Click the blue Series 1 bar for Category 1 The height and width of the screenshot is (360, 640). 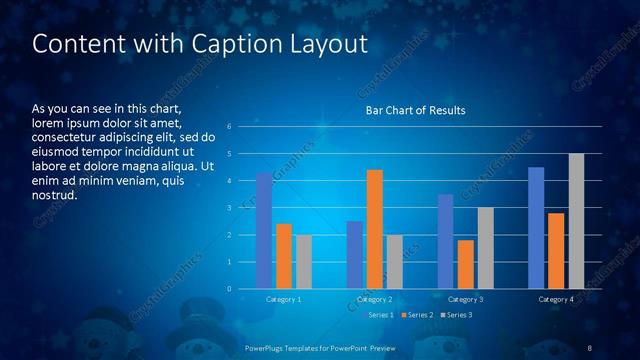click(x=264, y=231)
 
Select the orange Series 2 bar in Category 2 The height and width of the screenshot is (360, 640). click(x=375, y=229)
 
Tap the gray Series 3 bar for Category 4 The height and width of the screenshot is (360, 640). click(x=576, y=221)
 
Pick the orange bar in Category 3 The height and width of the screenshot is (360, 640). click(x=466, y=264)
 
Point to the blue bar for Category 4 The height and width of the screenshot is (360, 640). click(x=536, y=228)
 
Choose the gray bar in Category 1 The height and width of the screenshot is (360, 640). click(x=304, y=262)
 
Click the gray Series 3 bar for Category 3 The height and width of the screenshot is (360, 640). click(x=486, y=248)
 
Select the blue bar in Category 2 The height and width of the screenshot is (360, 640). click(x=355, y=255)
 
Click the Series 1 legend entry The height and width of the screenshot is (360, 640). click(x=380, y=315)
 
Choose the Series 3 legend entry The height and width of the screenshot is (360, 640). click(x=457, y=315)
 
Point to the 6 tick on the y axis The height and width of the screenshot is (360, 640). click(x=230, y=127)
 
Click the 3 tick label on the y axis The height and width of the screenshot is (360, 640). click(x=230, y=208)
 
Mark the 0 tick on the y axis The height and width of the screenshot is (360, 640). click(x=230, y=289)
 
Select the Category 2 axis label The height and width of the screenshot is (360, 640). click(x=375, y=300)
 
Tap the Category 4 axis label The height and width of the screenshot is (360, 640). click(x=556, y=300)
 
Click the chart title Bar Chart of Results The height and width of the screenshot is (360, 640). click(x=415, y=109)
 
